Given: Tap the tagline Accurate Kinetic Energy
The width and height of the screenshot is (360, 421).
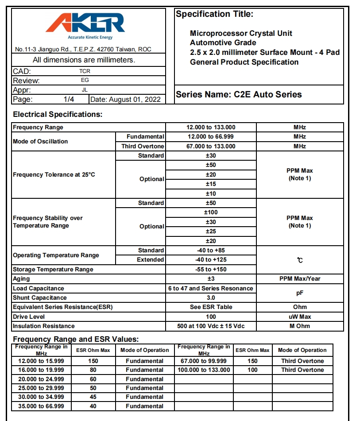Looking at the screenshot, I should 90,38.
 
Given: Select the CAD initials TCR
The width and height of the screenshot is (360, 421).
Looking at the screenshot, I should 85,71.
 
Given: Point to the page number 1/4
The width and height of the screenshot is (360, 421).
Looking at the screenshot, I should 69,100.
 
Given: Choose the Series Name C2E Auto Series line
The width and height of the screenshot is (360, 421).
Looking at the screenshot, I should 239,94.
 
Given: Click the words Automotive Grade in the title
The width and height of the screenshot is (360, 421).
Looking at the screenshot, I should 223,42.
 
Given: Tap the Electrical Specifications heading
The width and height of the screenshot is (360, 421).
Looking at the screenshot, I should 58,114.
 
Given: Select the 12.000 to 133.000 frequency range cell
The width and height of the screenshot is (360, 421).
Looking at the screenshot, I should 211,127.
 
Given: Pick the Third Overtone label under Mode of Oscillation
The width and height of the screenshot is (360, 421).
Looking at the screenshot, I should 143,147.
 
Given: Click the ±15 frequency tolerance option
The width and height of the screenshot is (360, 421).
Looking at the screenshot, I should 211,184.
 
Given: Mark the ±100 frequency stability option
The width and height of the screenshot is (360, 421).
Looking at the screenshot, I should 211,212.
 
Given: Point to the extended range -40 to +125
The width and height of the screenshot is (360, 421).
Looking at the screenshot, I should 211,260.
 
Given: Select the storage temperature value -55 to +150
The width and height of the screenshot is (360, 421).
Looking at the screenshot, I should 211,269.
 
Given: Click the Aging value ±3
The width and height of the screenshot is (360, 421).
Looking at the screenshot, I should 211,279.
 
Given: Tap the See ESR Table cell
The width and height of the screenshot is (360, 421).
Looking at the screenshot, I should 211,307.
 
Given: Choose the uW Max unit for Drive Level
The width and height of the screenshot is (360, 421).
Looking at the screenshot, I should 300,317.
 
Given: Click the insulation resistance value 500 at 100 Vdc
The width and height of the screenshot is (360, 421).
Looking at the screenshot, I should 211,326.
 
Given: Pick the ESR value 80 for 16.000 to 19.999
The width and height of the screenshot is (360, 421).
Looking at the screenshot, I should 93,370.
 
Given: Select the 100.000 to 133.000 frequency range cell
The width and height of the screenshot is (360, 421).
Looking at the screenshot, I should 204,370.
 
